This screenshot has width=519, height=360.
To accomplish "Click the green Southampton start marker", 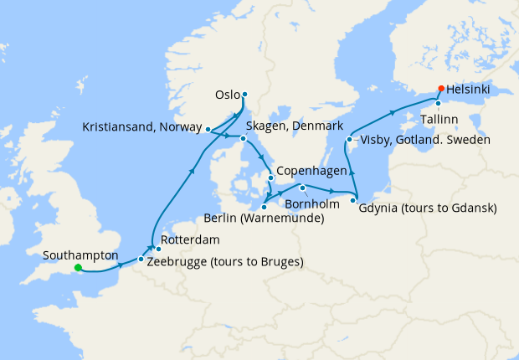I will coord(77,268).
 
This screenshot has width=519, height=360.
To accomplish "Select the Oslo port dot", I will coord(244,94).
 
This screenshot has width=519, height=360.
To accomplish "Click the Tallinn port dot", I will coord(438,104).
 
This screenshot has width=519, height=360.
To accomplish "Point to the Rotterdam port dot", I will coord(158,249).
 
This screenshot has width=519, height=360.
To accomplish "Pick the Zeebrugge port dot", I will coord(140,260).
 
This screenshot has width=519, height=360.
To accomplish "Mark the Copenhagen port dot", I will coord(270,177).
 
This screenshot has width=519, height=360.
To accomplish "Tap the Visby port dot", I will coord(348,139).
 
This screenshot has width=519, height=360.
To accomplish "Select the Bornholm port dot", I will coord(303,188).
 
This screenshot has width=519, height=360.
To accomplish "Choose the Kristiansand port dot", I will coord(207,129).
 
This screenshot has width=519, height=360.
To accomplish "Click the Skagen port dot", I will coord(243,138).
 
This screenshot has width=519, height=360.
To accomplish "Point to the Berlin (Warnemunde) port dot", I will coord(264,207).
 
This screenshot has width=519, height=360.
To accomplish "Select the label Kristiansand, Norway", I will coord(142,128).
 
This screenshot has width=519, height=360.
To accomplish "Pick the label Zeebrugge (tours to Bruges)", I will coord(224,262).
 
